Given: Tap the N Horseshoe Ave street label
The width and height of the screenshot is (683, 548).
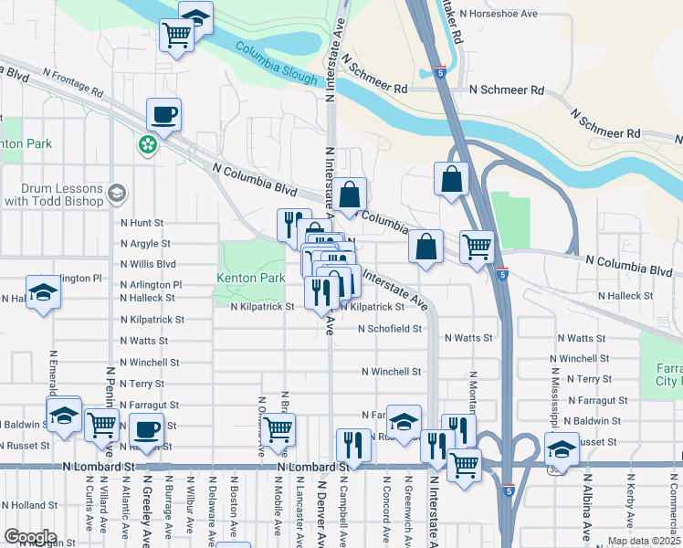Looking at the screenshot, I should click(511, 14).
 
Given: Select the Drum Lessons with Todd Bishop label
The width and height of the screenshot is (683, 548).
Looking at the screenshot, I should click(54, 194).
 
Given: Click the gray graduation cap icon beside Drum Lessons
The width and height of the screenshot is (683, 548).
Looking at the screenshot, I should click(116, 194).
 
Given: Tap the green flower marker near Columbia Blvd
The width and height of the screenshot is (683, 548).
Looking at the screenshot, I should click(147, 144).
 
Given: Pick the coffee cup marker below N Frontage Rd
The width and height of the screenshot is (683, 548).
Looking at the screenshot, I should click(163, 115).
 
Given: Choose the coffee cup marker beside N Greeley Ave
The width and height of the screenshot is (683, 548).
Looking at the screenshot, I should click(146, 428).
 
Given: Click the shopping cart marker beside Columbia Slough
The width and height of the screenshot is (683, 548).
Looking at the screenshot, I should click(176, 36).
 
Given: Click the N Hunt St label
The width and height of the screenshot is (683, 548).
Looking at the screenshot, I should click(142, 222).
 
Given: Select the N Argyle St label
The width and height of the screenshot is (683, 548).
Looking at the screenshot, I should click(145, 244).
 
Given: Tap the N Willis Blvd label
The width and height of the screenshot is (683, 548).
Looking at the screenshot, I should click(148, 264).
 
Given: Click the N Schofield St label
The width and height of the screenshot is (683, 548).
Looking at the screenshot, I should click(390, 328).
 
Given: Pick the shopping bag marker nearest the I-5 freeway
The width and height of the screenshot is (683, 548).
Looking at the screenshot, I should click(452, 179).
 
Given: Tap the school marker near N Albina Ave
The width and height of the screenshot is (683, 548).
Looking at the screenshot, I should click(562, 449).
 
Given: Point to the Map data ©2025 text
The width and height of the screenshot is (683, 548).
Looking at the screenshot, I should click(644, 541).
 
